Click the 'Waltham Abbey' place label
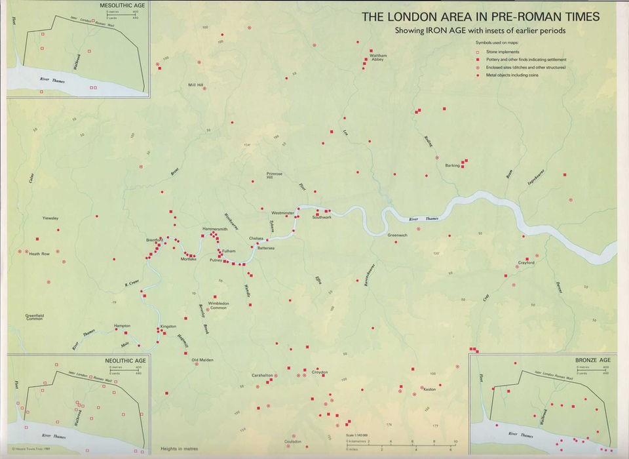click(x=378, y=58)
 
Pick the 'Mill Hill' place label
click(x=196, y=85)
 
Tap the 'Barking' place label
click(x=452, y=165)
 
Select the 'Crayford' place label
click(x=526, y=263)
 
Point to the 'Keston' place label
click(x=430, y=390)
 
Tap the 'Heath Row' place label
click(x=39, y=254)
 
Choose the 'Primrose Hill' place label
click(x=275, y=176)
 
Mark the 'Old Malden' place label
click(x=202, y=360)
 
